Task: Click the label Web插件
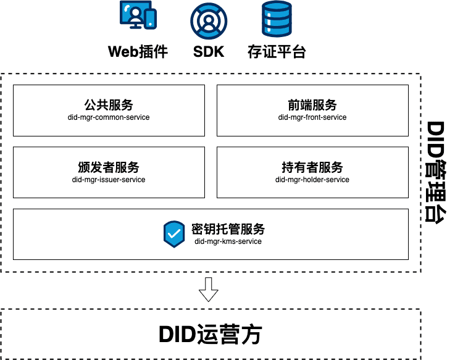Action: (138, 51)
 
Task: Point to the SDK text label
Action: (209, 51)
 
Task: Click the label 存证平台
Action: (277, 51)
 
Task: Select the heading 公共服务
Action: (109, 105)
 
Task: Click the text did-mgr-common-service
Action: (109, 117)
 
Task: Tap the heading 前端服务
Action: (312, 105)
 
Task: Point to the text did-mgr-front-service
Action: (312, 117)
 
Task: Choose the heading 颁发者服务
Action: (109, 167)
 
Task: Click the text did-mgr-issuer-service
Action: (109, 180)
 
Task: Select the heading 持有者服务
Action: (312, 167)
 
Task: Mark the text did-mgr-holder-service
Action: (312, 180)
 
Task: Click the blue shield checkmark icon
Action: (174, 234)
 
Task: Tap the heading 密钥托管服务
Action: (228, 229)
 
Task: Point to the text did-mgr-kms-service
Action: (228, 241)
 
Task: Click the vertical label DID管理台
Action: (437, 172)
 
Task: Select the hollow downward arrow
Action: (209, 289)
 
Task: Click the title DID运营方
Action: (211, 334)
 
